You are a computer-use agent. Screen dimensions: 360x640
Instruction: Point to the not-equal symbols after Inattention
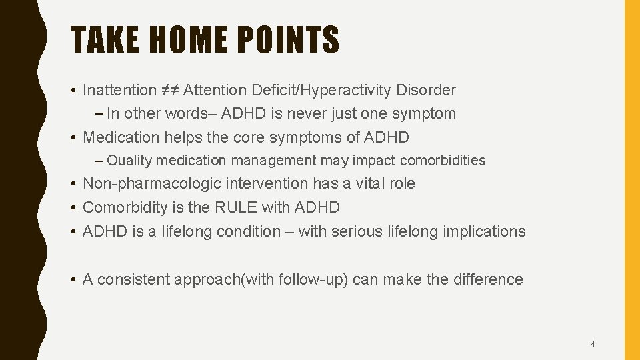(x=169, y=90)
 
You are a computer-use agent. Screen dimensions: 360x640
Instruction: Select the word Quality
(x=129, y=161)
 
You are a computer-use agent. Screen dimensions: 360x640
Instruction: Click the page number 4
(x=593, y=344)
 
